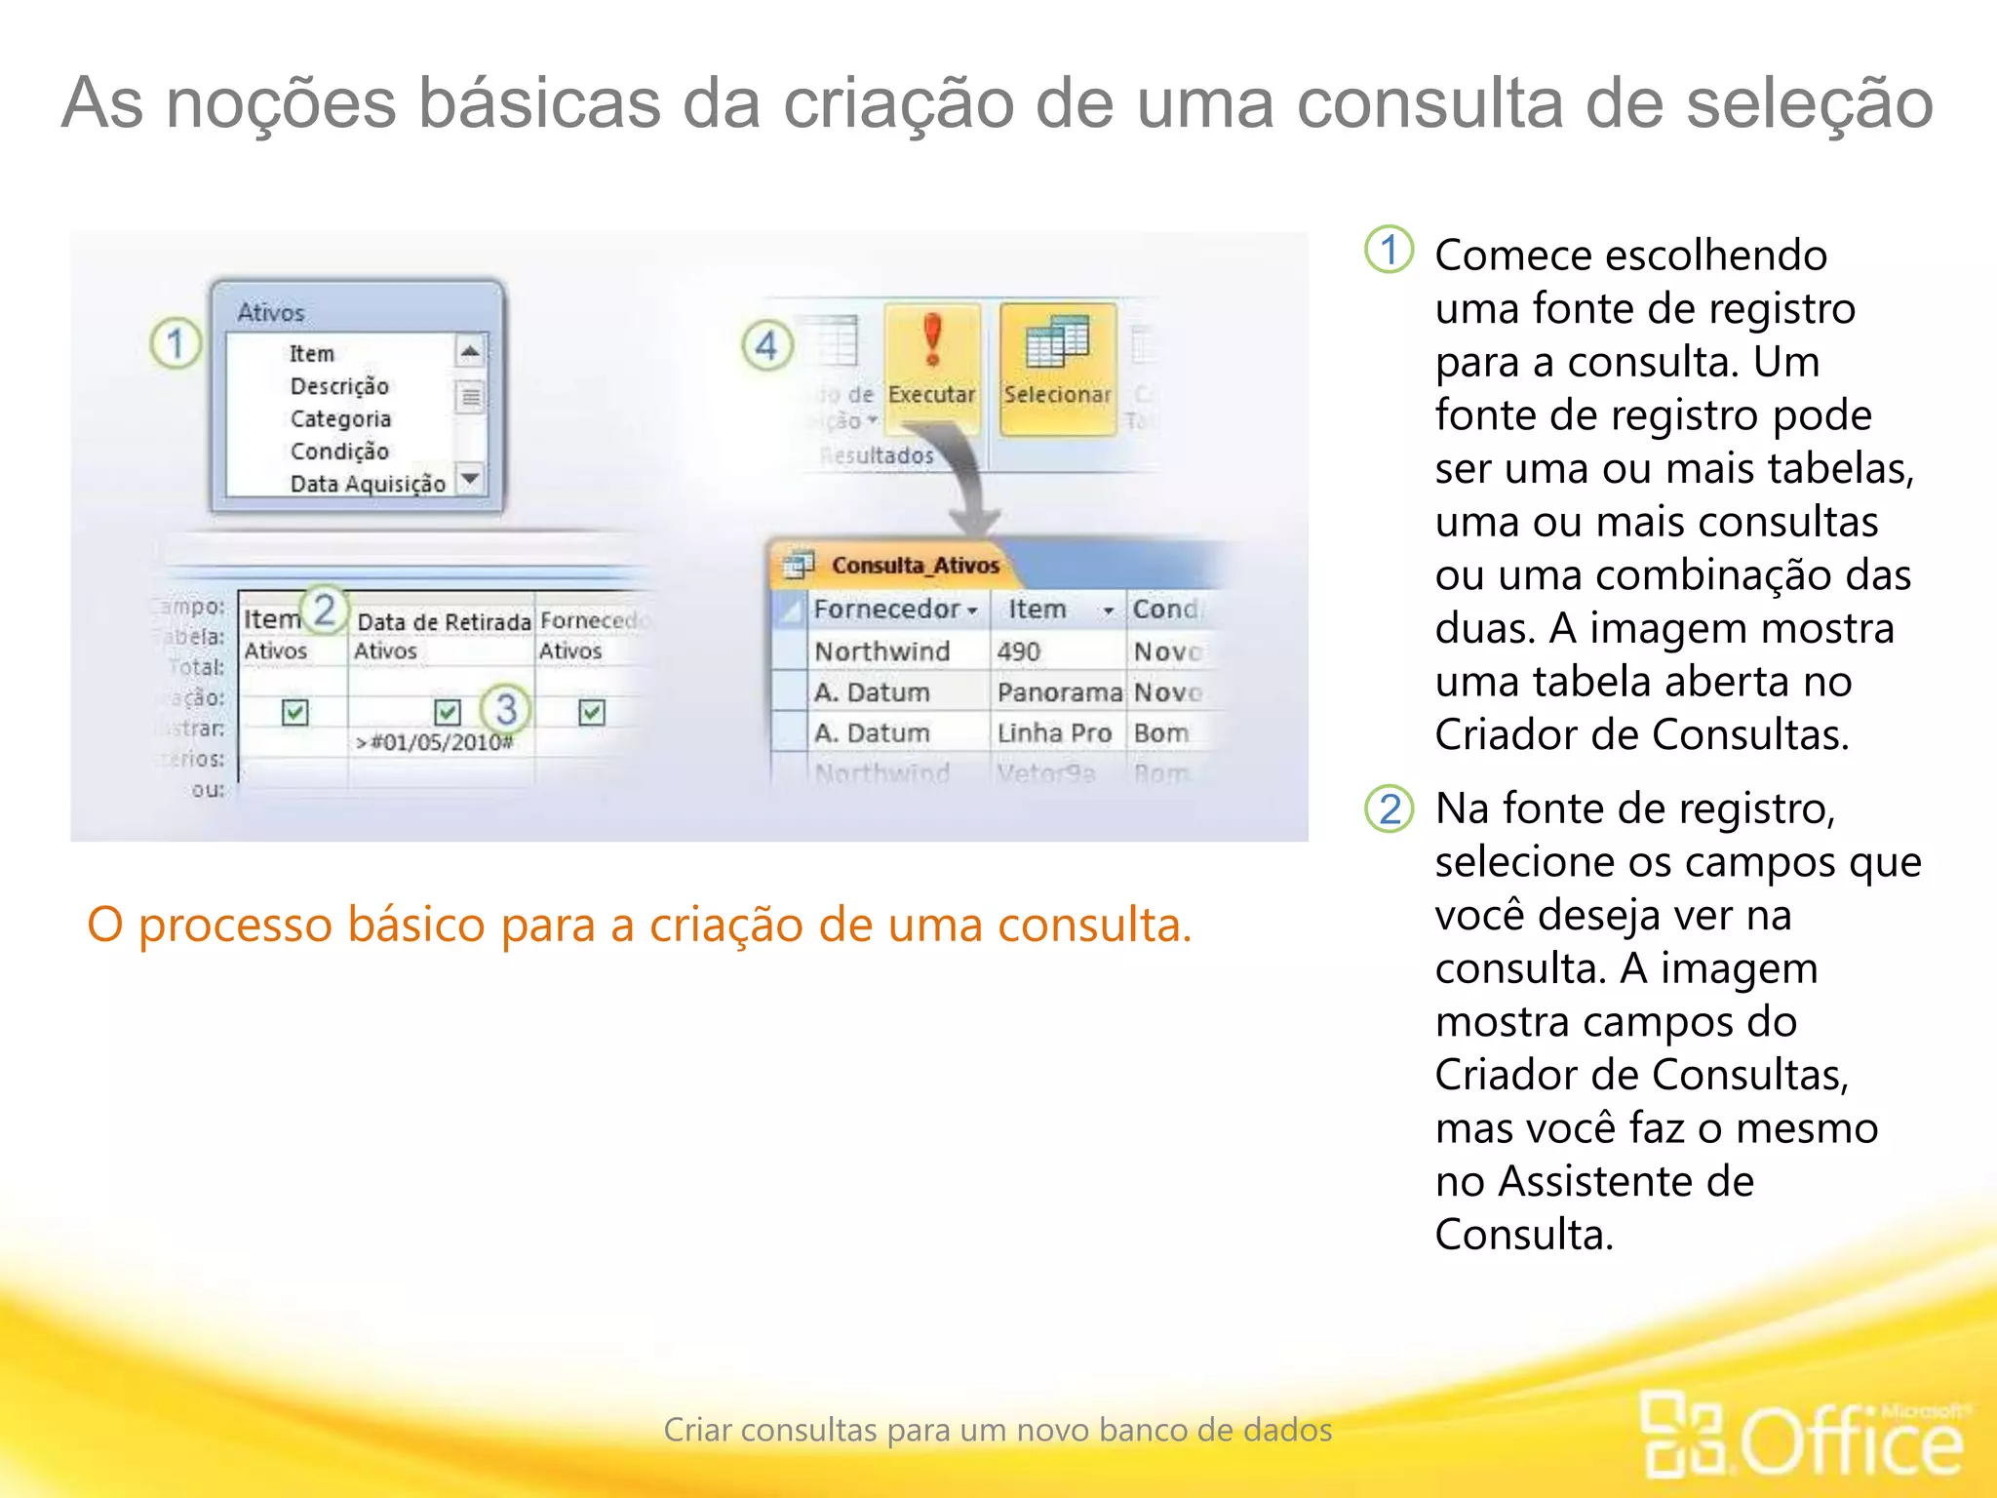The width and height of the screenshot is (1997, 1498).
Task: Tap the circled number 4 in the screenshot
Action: tap(766, 345)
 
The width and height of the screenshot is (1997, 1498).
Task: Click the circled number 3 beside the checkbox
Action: tap(505, 709)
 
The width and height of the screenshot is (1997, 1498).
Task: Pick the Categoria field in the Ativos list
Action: tap(340, 419)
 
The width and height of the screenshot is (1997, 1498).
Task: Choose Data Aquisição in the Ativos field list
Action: tap(368, 484)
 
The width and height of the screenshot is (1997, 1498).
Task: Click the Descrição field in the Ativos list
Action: tap(339, 386)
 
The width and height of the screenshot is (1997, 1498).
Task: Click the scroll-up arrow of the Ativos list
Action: tap(470, 351)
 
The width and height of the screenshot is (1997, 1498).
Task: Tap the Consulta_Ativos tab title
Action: tap(915, 566)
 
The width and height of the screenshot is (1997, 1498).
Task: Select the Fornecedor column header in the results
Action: tap(887, 610)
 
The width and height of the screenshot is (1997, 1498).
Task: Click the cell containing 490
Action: tap(1019, 651)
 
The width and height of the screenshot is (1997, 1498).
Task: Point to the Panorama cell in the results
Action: tap(1059, 692)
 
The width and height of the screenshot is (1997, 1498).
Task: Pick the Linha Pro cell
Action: tap(1054, 733)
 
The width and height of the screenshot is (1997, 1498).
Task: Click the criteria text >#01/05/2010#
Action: tap(434, 743)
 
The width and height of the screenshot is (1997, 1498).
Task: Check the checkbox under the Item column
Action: tap(294, 713)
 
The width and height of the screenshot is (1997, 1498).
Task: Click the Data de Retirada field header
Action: tap(444, 622)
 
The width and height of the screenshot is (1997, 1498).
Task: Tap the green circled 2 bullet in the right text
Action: tap(1390, 809)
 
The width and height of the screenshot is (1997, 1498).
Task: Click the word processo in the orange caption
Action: tap(235, 925)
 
